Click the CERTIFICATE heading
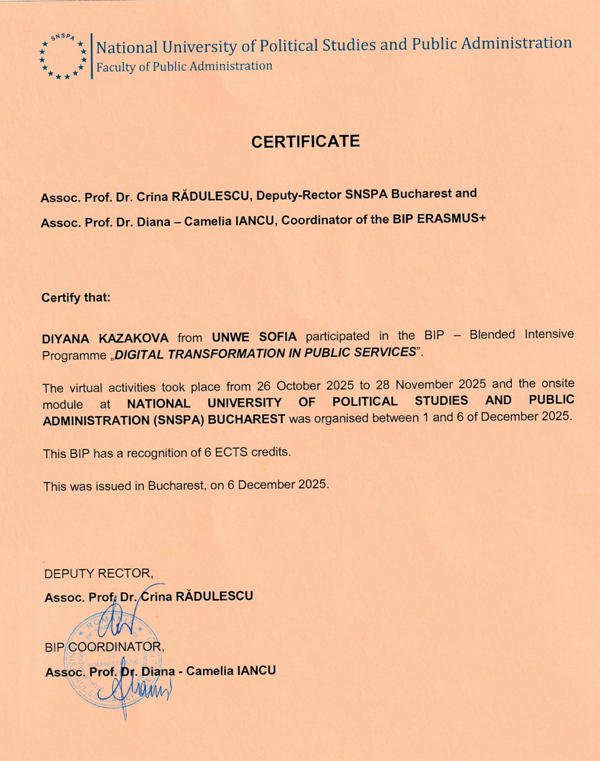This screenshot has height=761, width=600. click(x=305, y=142)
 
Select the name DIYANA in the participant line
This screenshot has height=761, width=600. click(x=65, y=339)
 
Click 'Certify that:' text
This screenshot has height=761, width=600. click(x=76, y=298)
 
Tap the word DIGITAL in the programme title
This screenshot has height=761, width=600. click(x=139, y=354)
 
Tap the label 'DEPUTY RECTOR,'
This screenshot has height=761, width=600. click(x=99, y=573)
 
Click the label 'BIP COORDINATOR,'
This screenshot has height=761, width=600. click(x=104, y=647)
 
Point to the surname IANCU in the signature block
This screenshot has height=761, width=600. click(x=256, y=671)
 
